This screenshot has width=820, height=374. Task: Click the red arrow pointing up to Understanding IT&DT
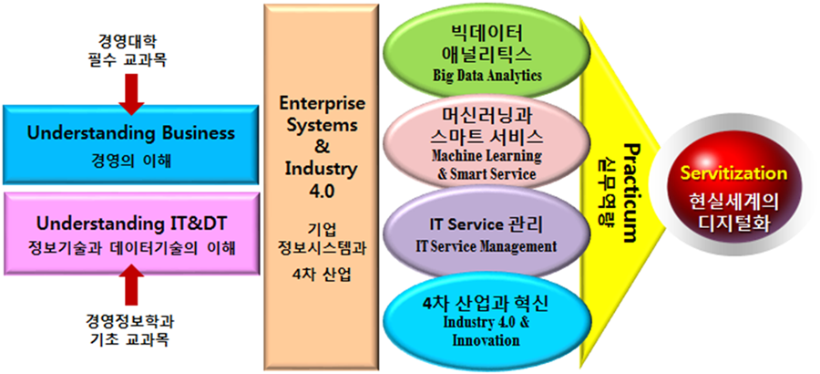click(x=134, y=285)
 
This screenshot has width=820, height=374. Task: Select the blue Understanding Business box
click(x=131, y=144)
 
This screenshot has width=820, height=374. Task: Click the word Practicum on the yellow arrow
click(x=630, y=192)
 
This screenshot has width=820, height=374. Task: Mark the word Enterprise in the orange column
click(x=323, y=103)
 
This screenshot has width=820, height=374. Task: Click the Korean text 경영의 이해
click(x=131, y=160)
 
